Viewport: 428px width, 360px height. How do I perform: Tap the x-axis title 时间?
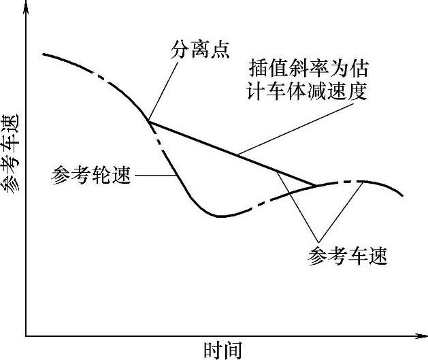click(x=223, y=350)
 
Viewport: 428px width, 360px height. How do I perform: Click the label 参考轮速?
click(x=91, y=175)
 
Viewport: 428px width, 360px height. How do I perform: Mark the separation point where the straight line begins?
click(x=147, y=122)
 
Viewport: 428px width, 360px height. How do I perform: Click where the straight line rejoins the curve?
click(x=315, y=184)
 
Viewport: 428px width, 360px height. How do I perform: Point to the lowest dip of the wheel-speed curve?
click(x=219, y=216)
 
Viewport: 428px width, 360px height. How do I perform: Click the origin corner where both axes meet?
click(x=26, y=336)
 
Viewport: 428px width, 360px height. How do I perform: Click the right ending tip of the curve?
click(x=403, y=196)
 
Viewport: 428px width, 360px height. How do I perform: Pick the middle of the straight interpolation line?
click(x=231, y=153)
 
